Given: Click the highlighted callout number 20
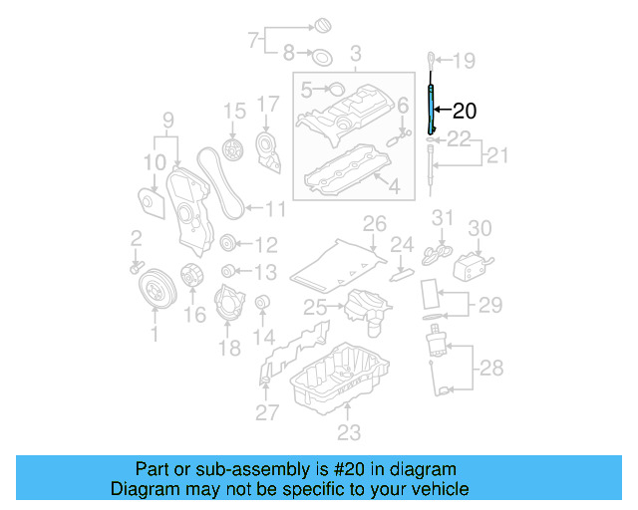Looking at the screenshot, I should click(466, 112).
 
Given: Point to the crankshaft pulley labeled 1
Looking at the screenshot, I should click(154, 289).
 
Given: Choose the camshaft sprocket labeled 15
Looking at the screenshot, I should click(234, 152).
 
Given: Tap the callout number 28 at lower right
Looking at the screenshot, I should click(491, 369).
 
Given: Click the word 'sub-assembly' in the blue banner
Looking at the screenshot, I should click(249, 469).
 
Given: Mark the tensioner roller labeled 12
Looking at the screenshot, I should click(227, 244).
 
